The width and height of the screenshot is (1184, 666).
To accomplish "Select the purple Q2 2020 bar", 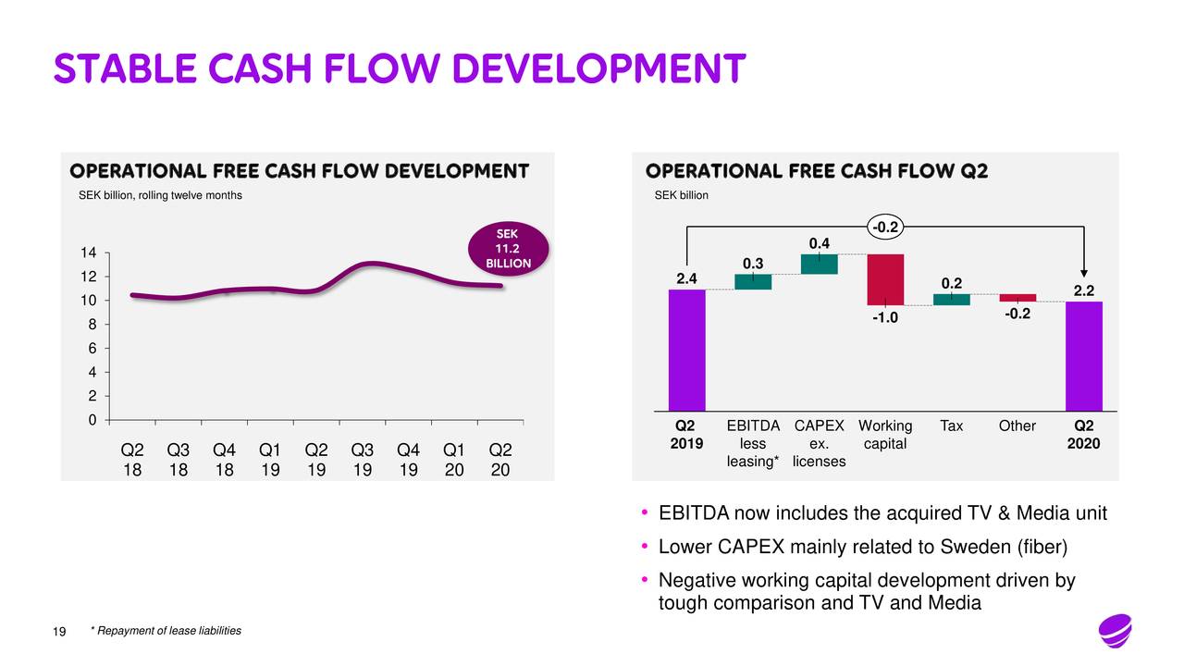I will pyautogui.click(x=1083, y=356).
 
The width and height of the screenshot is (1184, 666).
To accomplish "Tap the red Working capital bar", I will pyautogui.click(x=885, y=279).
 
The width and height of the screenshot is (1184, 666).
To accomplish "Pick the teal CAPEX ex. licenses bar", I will pyautogui.click(x=819, y=264).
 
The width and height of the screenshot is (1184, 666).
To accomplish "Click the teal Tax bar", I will pyautogui.click(x=951, y=300).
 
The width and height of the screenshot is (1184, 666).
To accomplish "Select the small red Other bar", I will pyautogui.click(x=1017, y=298).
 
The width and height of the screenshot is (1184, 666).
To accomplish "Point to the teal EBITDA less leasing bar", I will pyautogui.click(x=753, y=282).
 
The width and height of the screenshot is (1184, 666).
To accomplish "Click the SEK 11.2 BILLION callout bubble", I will pyautogui.click(x=507, y=249).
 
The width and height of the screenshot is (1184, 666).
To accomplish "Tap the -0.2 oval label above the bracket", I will pyautogui.click(x=885, y=226).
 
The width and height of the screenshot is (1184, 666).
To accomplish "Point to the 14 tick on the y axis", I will pyautogui.click(x=90, y=253).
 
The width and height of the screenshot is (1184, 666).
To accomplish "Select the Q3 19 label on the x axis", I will pyautogui.click(x=363, y=460).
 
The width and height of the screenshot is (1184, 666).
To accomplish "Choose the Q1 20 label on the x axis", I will pyautogui.click(x=454, y=460).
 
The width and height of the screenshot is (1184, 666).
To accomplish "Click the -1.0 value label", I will pyautogui.click(x=884, y=319).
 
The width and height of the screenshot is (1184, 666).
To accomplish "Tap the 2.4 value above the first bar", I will pyautogui.click(x=687, y=277).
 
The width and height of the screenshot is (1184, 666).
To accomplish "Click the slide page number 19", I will pyautogui.click(x=60, y=633).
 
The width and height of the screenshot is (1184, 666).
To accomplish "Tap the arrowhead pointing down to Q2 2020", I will pyautogui.click(x=1084, y=268).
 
